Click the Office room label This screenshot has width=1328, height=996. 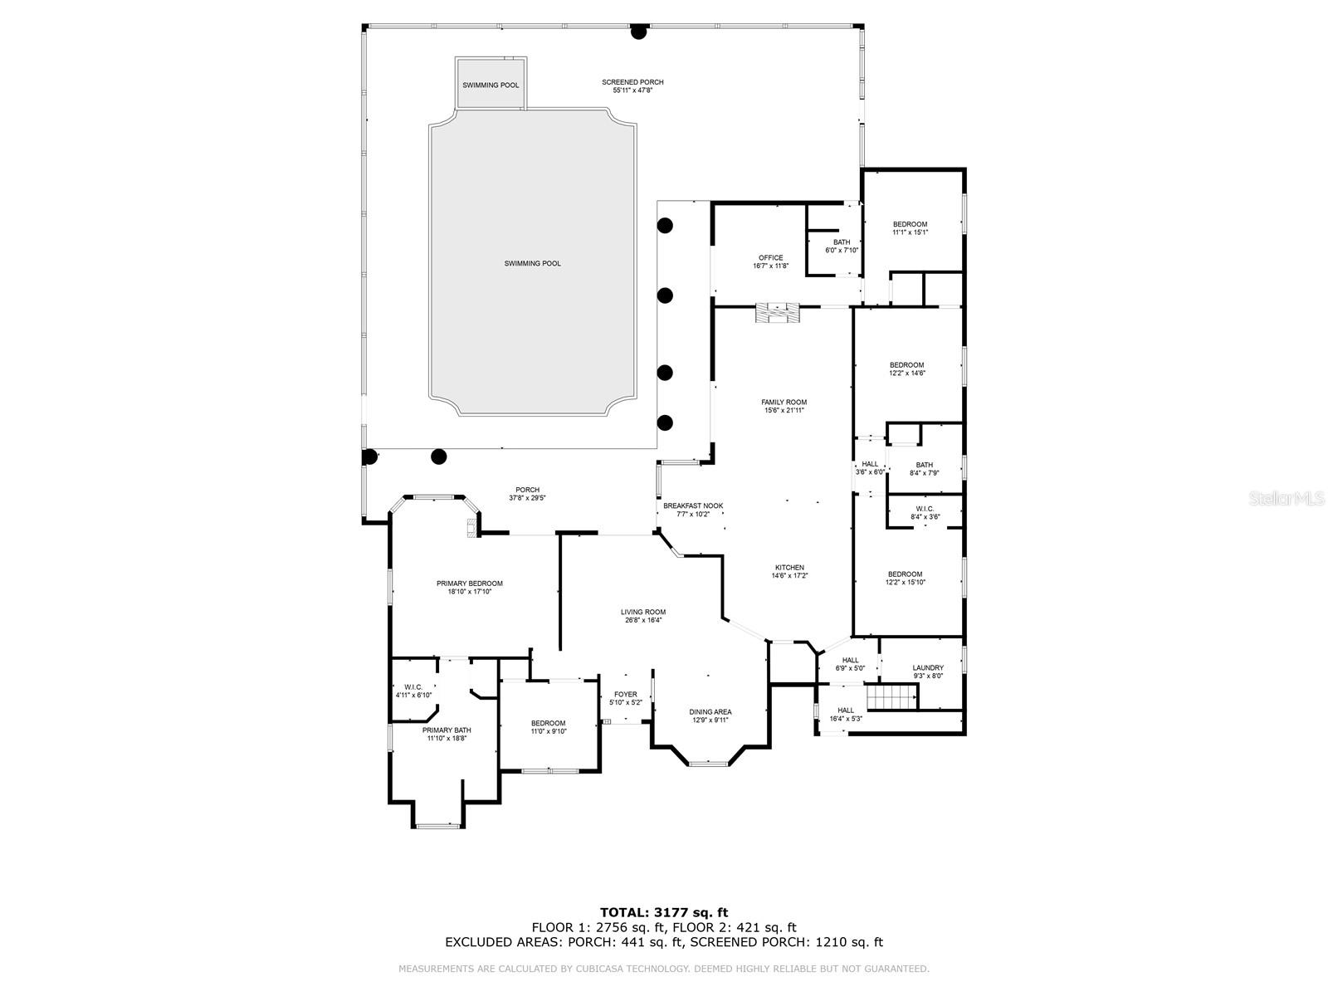click(x=771, y=257)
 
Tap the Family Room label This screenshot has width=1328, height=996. click(x=784, y=403)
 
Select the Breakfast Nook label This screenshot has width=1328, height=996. click(x=693, y=505)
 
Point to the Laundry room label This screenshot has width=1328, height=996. click(x=928, y=667)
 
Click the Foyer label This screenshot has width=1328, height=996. click(x=626, y=694)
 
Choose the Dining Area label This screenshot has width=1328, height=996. click(x=710, y=712)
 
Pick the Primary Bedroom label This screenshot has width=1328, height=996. click(x=470, y=583)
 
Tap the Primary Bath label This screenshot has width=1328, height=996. click(x=447, y=730)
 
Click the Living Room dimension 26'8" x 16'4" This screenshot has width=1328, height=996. click(x=643, y=620)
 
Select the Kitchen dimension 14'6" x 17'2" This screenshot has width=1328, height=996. click(x=789, y=576)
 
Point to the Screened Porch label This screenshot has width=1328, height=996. click(x=632, y=82)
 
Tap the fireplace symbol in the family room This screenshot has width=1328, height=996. click(x=778, y=314)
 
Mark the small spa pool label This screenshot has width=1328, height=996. click(x=491, y=85)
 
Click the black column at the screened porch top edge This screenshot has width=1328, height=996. click(x=639, y=32)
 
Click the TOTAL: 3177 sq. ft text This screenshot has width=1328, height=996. click(x=664, y=912)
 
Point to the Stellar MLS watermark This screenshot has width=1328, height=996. click(x=1286, y=498)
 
